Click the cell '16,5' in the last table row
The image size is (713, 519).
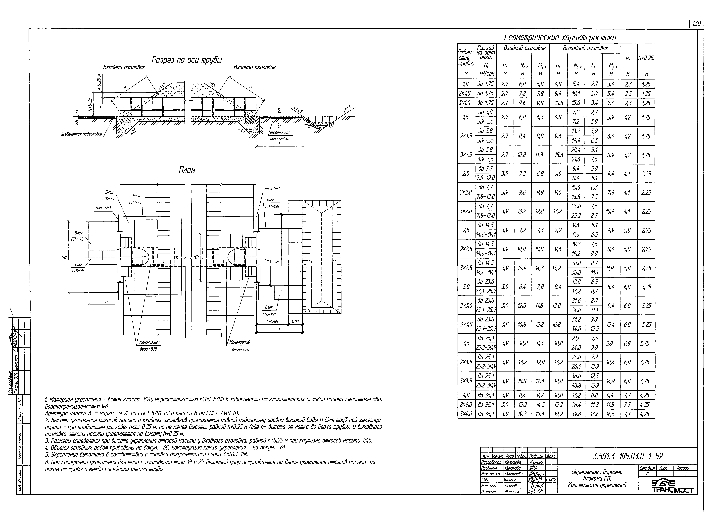[x=611, y=414]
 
